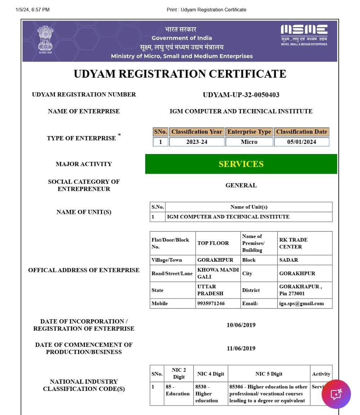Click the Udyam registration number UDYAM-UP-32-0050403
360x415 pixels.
241,95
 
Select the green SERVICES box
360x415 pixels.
241,164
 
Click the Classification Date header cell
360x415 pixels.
302,132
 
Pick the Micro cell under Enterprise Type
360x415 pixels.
249,142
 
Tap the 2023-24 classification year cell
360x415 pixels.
197,142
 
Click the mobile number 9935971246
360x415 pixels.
211,303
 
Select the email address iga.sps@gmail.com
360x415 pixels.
301,303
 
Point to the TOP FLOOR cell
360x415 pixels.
213,243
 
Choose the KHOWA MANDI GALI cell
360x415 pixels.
218,273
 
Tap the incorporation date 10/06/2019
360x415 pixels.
241,325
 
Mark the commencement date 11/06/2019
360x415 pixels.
241,348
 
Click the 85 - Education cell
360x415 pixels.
178,391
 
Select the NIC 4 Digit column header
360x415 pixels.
210,374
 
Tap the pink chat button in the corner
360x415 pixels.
336,394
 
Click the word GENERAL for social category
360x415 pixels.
241,185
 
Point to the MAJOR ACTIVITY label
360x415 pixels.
84,164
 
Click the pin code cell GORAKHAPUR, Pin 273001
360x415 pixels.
301,290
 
